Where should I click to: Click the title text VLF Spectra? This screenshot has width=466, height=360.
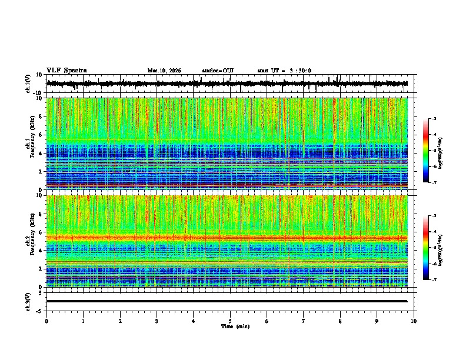point(66,71)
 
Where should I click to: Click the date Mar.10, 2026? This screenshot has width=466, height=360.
point(164,71)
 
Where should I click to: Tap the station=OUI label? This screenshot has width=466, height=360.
point(218,71)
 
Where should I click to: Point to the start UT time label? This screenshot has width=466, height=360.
point(284,71)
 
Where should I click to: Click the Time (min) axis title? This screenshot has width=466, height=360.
point(235,326)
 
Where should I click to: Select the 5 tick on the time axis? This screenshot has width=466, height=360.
point(230,321)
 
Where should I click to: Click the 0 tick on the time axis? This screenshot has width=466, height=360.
point(46,321)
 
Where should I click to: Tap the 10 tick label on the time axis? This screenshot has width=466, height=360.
point(414,321)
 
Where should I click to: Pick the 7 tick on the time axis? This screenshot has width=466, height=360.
point(304,321)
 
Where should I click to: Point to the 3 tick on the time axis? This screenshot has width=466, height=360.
point(157,321)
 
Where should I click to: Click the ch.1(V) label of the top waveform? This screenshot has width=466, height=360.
point(28,84)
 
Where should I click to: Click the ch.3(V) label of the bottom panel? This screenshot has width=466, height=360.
point(28,301)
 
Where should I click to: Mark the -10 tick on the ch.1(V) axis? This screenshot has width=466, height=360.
point(38,93)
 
